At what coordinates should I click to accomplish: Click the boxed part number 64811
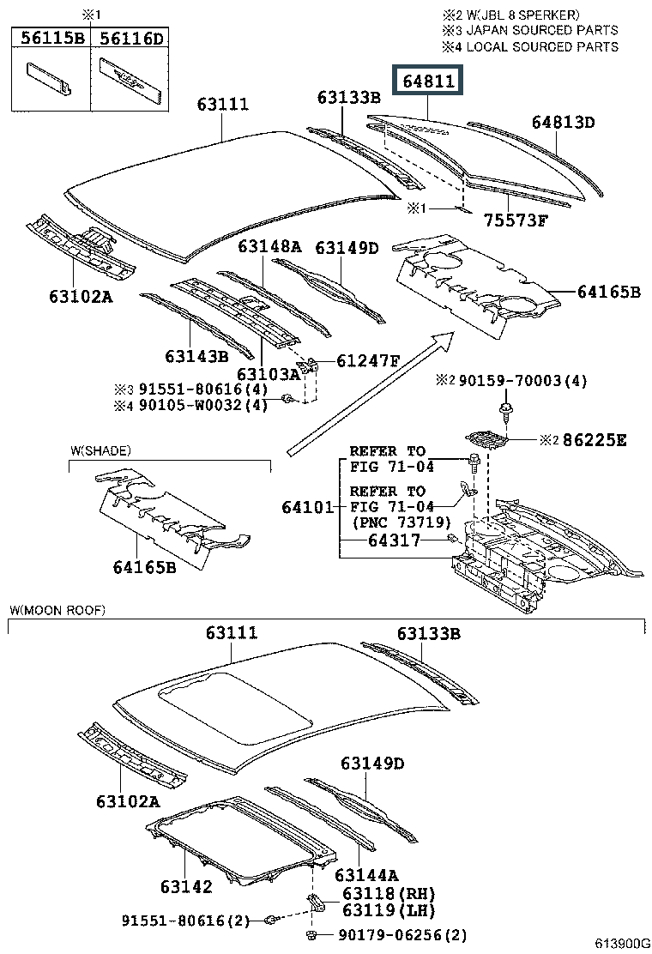[427, 82]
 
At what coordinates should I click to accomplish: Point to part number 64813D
[562, 122]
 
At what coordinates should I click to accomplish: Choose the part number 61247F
[368, 360]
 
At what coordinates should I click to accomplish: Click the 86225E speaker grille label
[595, 440]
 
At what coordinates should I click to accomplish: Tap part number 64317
[394, 540]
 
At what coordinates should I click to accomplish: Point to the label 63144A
[366, 874]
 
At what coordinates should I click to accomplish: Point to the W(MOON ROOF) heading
[57, 610]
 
